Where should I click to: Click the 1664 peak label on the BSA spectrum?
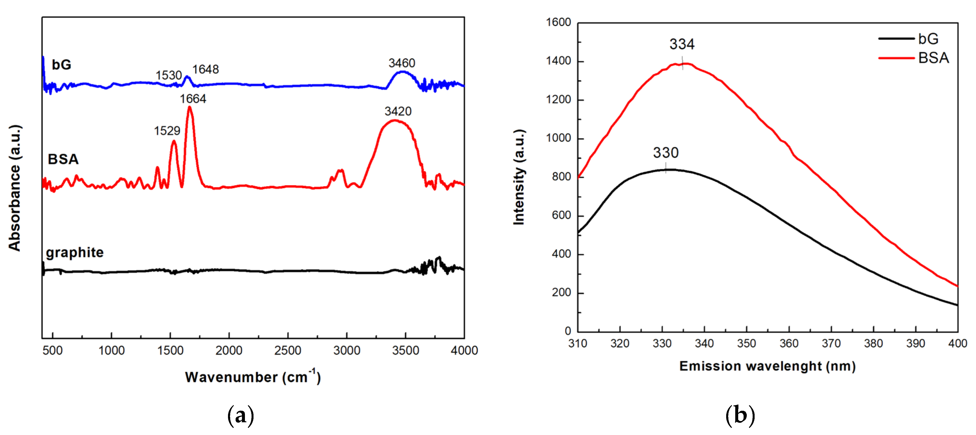[x=193, y=99]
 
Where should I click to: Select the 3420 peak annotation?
[x=398, y=111]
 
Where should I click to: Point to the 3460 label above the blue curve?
[x=402, y=63]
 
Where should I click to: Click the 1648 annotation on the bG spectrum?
[x=205, y=69]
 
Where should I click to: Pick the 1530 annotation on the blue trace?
[x=169, y=75]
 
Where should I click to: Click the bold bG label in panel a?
[x=61, y=65]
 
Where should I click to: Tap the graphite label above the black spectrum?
[x=75, y=253]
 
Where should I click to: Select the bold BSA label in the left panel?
[x=63, y=159]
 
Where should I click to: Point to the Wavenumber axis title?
[x=253, y=377]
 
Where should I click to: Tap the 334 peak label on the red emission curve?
[x=682, y=44]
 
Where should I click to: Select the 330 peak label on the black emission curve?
[x=665, y=153]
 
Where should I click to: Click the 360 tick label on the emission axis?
[x=789, y=343]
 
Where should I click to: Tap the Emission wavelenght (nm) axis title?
[x=767, y=366]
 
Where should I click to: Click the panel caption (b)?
[x=740, y=415]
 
